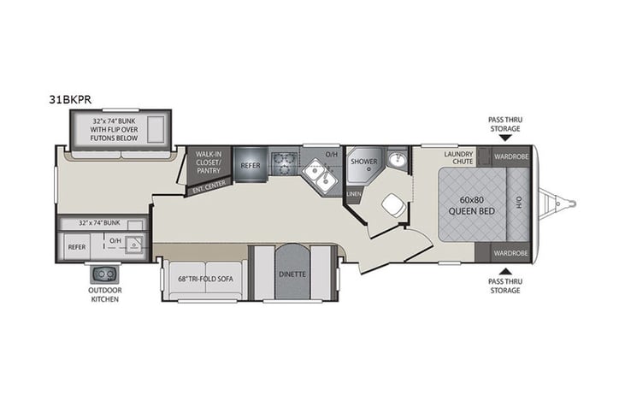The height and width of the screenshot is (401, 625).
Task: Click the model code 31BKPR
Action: tap(76, 98)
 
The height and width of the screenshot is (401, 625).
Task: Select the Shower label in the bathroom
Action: tap(363, 160)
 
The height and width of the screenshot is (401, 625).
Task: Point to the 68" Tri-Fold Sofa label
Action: tap(203, 279)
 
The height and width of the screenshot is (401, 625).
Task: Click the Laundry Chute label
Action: tap(458, 159)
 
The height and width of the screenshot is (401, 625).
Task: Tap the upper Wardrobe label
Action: tap(511, 156)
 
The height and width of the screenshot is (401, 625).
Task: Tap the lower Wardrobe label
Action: tap(511, 253)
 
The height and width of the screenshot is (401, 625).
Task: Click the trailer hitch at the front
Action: tap(563, 204)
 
